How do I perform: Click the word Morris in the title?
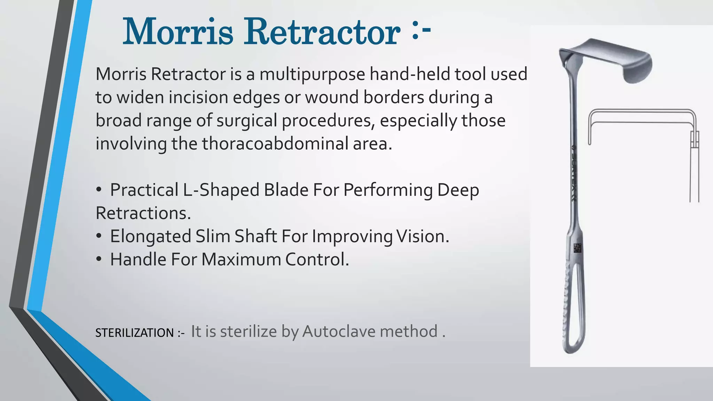[178, 32]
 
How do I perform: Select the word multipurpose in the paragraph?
[312, 74]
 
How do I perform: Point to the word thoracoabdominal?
[275, 143]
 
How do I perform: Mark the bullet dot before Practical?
[99, 190]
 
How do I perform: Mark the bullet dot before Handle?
[99, 259]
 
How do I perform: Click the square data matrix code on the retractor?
[578, 248]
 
